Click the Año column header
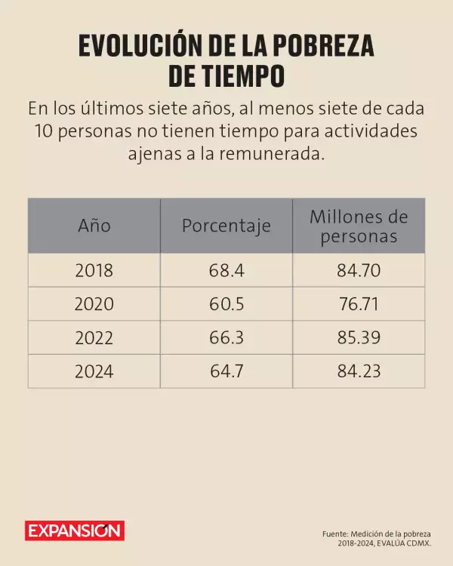tap(94, 226)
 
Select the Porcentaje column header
tap(226, 226)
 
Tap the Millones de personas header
tap(358, 226)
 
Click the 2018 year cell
tap(94, 270)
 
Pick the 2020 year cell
tap(94, 304)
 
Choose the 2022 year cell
tap(94, 338)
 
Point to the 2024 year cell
tap(94, 371)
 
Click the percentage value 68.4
tap(226, 270)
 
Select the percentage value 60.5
tap(226, 304)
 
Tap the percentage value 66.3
tap(226, 338)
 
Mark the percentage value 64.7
tap(226, 371)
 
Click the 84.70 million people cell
tap(358, 270)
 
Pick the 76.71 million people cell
tap(358, 304)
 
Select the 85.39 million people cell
tap(358, 338)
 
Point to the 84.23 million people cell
tap(358, 371)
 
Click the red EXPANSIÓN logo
tap(74, 531)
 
